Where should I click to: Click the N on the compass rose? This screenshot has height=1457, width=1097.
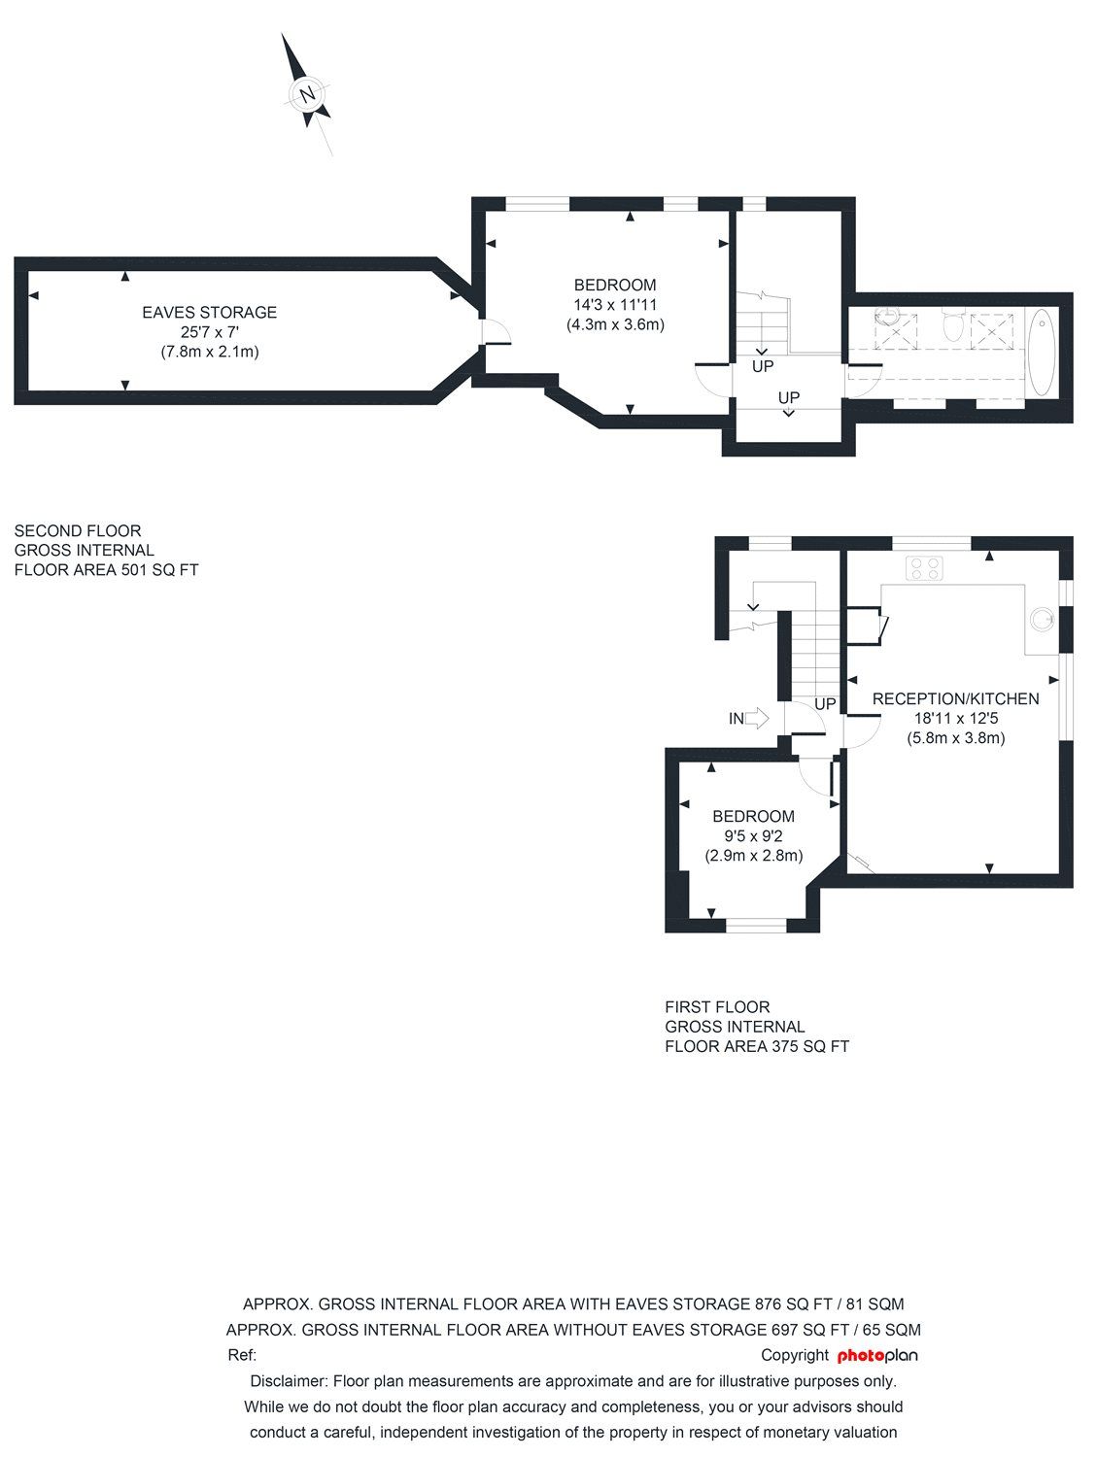point(308,94)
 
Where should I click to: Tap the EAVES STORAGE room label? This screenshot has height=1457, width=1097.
point(209,312)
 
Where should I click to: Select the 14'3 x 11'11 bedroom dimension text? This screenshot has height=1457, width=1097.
point(615,305)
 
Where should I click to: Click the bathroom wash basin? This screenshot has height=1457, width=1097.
point(887,317)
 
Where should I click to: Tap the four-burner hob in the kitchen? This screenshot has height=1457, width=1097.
point(924,568)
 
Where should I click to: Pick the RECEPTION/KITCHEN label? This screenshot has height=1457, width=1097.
point(955,698)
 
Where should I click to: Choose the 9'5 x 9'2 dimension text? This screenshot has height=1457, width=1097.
point(753,836)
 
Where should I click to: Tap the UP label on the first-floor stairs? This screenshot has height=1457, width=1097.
point(825,703)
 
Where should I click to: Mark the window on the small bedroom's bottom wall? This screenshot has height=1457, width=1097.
point(756,926)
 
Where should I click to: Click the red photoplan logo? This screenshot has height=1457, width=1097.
point(877,1355)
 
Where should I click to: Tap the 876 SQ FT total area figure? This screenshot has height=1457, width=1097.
point(790,1304)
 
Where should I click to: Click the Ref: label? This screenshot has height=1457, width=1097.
point(242,1355)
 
